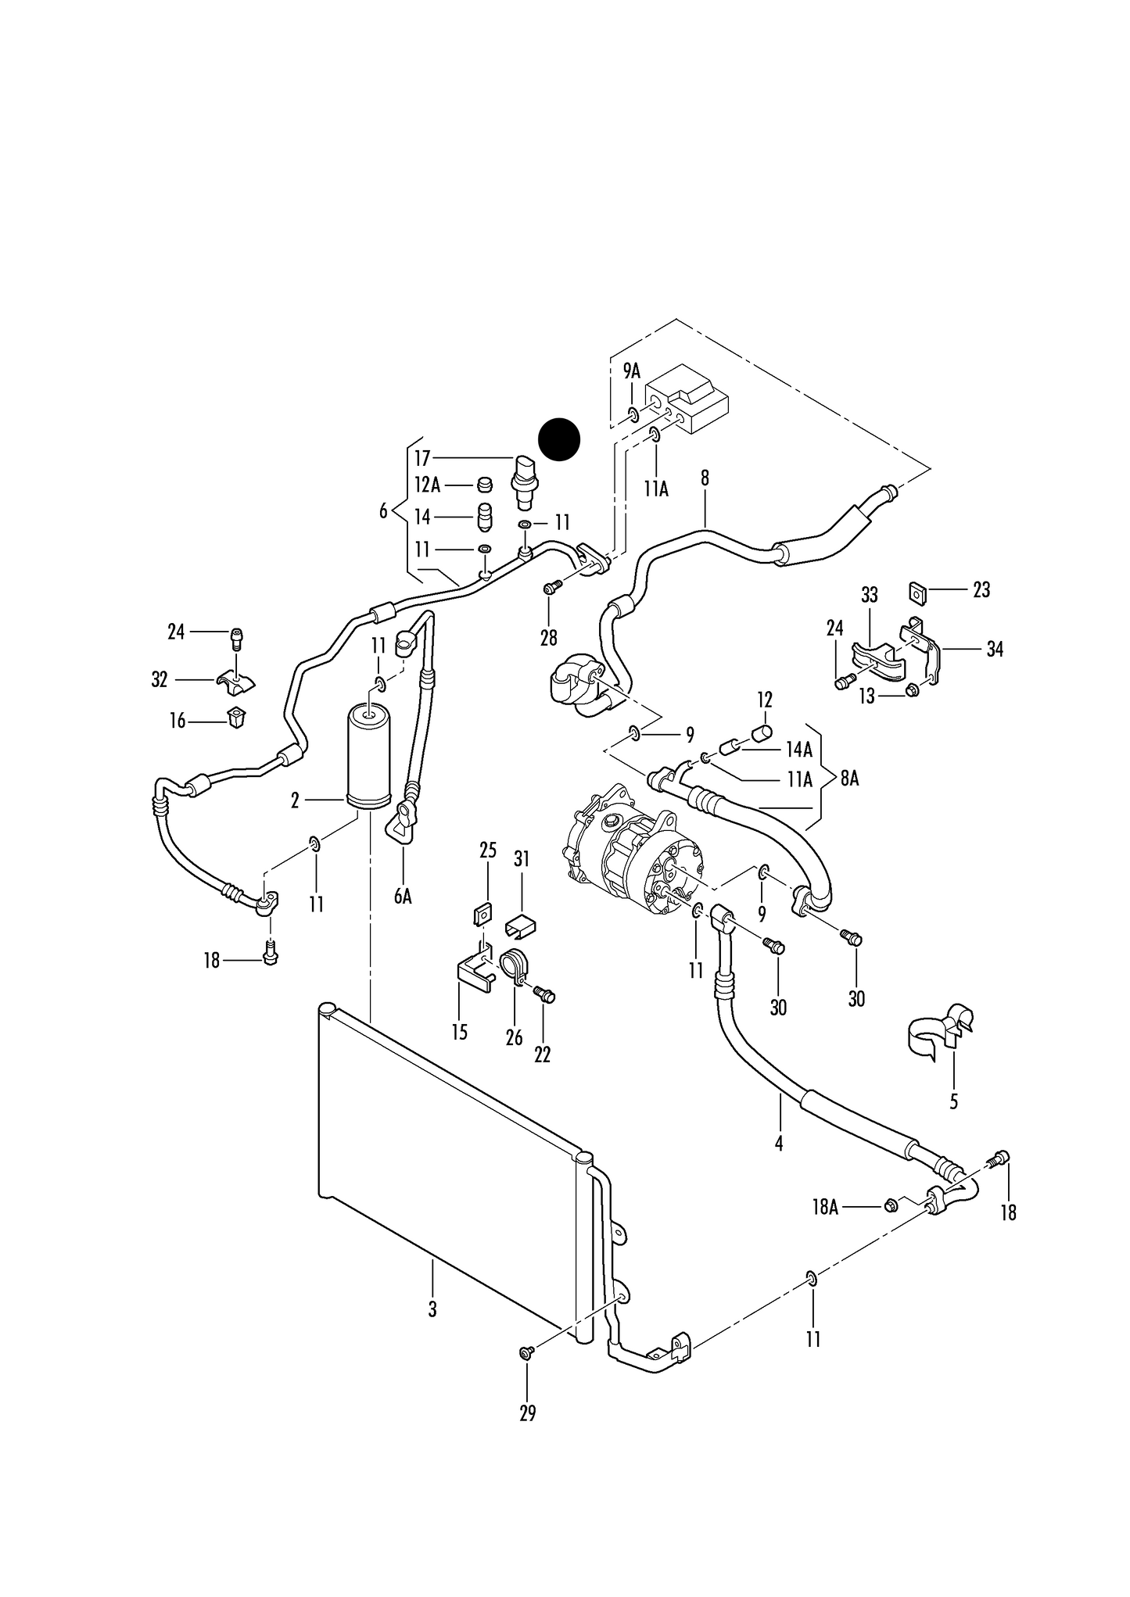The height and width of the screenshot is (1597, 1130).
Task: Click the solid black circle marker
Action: [560, 439]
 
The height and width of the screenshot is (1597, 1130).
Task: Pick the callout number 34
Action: [994, 649]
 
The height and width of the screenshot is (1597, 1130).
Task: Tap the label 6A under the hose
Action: [403, 897]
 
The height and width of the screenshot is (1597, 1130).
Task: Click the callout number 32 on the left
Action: [160, 680]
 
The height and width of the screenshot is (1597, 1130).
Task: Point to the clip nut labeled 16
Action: [236, 716]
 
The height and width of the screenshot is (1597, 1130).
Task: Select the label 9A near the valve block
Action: [632, 371]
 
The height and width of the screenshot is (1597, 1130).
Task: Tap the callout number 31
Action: [522, 859]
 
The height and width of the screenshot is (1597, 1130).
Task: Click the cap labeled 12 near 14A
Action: [762, 732]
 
